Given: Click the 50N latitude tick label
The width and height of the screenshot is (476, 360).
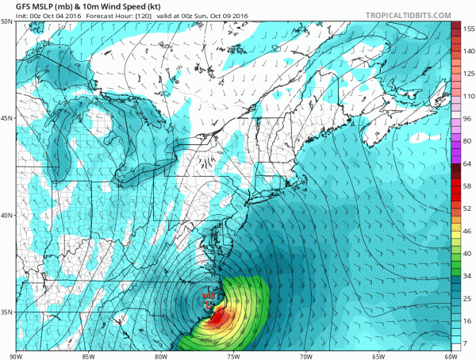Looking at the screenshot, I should [6, 22].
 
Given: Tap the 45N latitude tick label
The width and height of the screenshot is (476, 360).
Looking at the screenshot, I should [6, 118].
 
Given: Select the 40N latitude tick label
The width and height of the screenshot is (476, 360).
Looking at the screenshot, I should [6, 215].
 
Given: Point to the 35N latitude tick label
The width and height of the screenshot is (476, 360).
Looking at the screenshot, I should [6, 312].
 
